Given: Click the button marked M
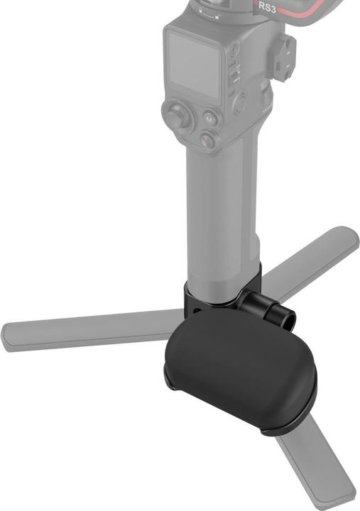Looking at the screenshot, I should pos(209,120).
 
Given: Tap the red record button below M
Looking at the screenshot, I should pos(207,141).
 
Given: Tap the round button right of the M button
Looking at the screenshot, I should pos(241,104).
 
